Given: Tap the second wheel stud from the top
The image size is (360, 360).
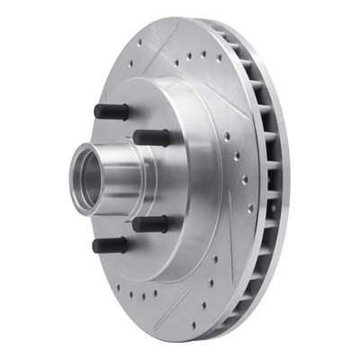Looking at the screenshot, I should point(150,137).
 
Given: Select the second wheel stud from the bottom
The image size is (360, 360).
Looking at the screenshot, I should point(148,224).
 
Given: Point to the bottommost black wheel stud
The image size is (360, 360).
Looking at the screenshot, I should point(105,244).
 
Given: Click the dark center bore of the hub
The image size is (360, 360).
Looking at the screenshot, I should point(90,177).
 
